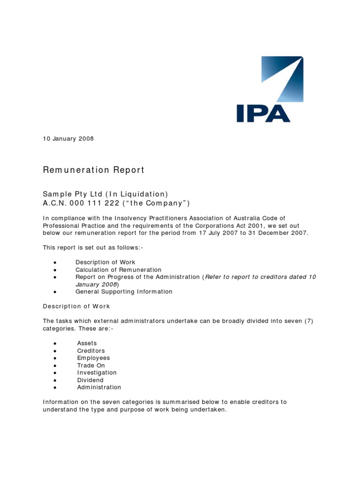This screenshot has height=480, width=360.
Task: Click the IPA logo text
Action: pos(263,113)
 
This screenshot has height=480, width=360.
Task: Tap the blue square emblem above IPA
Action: pos(282,79)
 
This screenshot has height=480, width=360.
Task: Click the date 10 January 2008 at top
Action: pos(68,139)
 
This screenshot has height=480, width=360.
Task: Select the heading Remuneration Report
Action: pos(94,170)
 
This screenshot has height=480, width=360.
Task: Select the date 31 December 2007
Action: pos(276,233)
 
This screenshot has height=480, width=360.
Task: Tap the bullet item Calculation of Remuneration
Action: pos(118,270)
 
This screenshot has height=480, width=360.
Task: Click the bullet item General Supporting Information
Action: pos(124,292)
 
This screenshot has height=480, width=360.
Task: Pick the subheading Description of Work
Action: pos(76,306)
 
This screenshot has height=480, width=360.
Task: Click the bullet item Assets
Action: pos(87,343)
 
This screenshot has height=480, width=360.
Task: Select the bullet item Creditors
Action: pos(91,351)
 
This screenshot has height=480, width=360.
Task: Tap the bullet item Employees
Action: pos(93,358)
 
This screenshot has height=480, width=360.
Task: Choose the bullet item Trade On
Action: pos(91,365)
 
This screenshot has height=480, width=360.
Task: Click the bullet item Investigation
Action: pos(97,373)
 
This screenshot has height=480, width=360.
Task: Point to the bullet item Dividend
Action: pos(90,380)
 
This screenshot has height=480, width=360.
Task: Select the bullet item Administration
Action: pos(99,387)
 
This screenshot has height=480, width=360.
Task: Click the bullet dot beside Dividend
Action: pos(55,381)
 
